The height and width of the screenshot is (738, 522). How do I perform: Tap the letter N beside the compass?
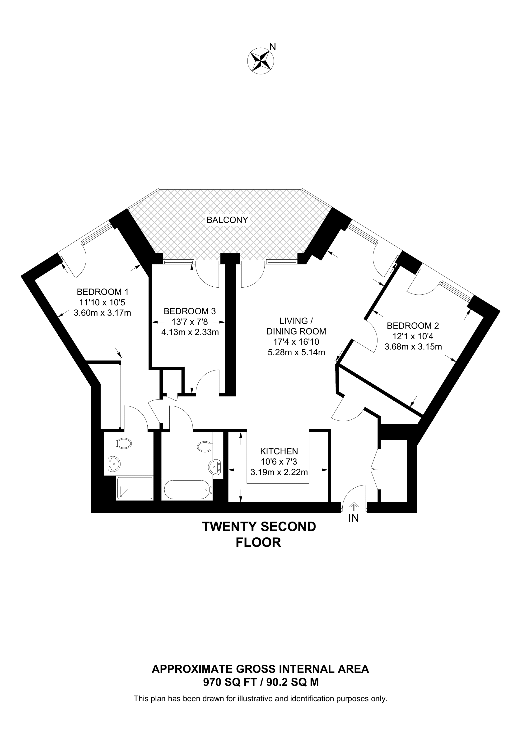273,47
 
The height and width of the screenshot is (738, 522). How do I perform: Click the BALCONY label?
227,220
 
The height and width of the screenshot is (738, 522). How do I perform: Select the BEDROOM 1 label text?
103,292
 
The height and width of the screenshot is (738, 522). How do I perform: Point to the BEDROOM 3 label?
190,311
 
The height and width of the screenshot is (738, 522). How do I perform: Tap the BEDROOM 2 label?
413,325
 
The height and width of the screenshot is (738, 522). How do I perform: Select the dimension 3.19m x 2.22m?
279,472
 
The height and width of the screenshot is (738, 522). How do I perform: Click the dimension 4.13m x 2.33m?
190,332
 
